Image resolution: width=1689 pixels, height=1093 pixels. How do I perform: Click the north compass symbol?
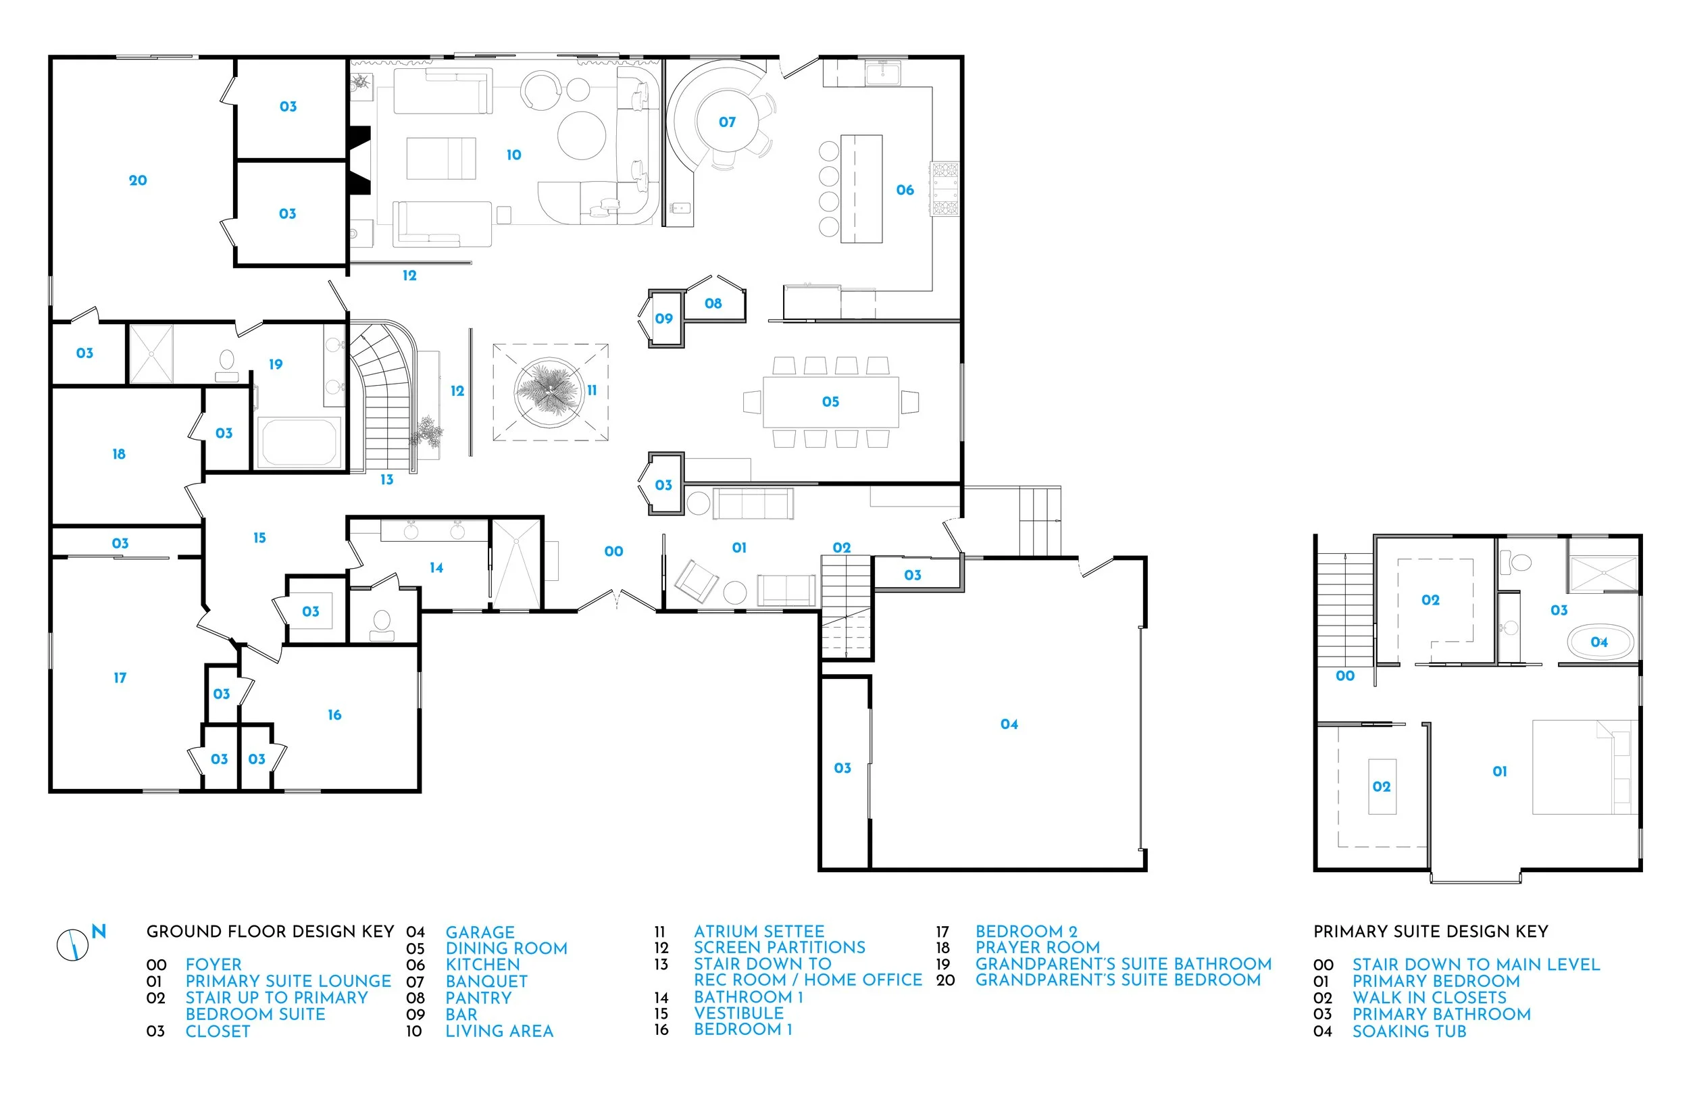[x=73, y=944]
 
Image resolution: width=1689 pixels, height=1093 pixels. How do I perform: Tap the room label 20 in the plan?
[x=138, y=180]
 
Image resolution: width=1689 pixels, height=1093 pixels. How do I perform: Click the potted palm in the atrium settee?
[x=549, y=391]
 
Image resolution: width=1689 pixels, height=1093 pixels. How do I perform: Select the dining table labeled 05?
[x=830, y=402]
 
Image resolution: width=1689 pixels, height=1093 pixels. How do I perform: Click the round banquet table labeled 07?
[x=727, y=122]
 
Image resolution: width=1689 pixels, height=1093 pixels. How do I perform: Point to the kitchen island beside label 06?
[x=861, y=188]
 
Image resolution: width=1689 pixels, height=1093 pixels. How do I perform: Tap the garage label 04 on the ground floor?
[x=1009, y=724]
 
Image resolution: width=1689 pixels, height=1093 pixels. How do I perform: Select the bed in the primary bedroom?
[x=1582, y=767]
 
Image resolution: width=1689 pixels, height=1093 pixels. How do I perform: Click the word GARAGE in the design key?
[x=480, y=932]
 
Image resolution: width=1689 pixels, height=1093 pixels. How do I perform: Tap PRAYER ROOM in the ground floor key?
[x=1037, y=948]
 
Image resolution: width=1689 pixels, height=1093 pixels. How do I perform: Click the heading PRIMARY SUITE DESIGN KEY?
[x=1430, y=931]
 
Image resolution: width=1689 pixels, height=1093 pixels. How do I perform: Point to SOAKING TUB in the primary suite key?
[x=1409, y=1032]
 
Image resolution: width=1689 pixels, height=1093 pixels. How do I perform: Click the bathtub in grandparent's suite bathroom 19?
[x=299, y=442]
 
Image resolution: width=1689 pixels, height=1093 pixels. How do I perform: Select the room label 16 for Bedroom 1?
[x=334, y=715]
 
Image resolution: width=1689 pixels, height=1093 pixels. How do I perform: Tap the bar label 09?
[x=663, y=319]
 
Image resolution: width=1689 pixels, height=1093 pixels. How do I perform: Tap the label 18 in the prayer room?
[x=118, y=453]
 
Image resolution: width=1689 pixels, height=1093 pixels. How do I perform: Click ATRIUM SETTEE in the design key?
[x=759, y=931]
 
